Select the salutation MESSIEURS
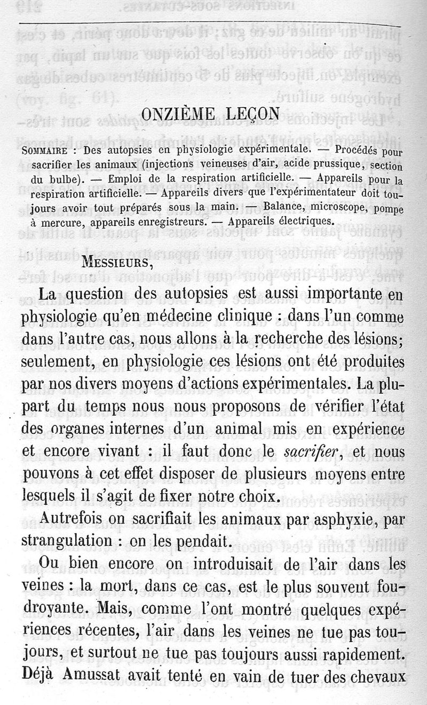click(x=113, y=263)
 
